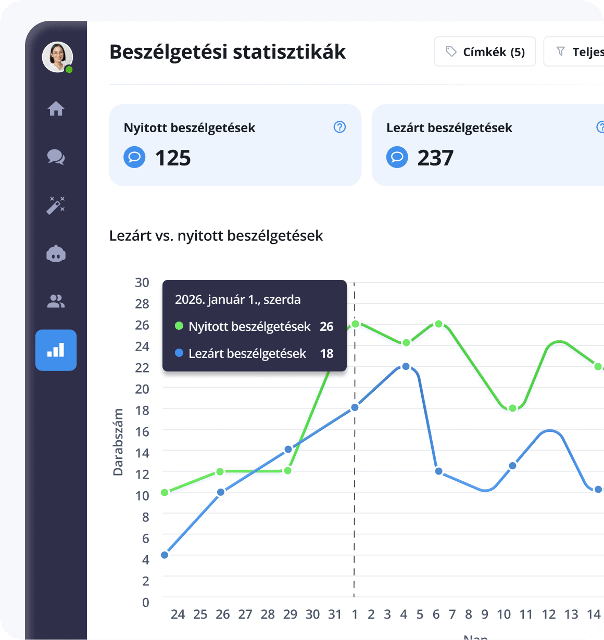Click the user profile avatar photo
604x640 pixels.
(57, 57)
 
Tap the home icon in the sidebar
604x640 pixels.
(56, 109)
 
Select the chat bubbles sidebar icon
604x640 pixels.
(56, 157)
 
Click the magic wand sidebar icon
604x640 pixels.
(56, 205)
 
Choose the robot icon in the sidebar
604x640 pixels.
(56, 254)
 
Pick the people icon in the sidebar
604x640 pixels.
(56, 301)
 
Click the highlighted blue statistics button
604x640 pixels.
(56, 350)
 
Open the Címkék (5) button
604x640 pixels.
(485, 52)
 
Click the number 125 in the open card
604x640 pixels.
(173, 158)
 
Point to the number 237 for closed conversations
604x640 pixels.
(435, 158)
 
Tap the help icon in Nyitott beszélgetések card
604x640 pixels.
(339, 127)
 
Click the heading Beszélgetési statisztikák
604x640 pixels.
(228, 52)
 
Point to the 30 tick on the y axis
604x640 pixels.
(142, 283)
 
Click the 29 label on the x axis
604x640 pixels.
(290, 615)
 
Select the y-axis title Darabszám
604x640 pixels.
(119, 442)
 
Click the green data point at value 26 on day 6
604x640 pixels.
(438, 324)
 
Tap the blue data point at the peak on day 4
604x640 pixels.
(406, 366)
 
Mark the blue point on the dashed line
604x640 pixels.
(355, 407)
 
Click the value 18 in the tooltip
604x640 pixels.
(326, 354)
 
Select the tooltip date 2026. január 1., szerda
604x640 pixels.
(238, 300)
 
